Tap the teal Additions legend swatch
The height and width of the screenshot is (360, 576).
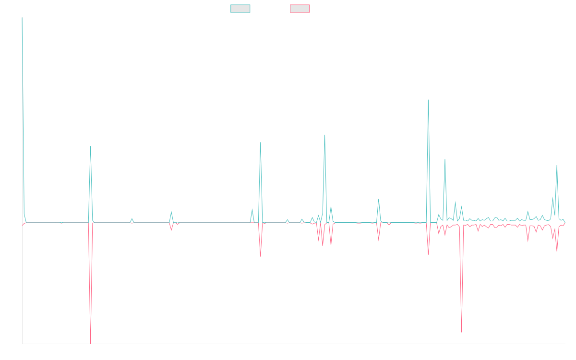click(240, 9)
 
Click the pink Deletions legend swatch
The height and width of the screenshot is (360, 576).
click(300, 9)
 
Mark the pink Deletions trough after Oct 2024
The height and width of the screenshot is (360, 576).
click(461, 332)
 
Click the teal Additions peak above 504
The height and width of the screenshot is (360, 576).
click(428, 100)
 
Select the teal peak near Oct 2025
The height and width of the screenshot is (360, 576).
click(557, 166)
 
